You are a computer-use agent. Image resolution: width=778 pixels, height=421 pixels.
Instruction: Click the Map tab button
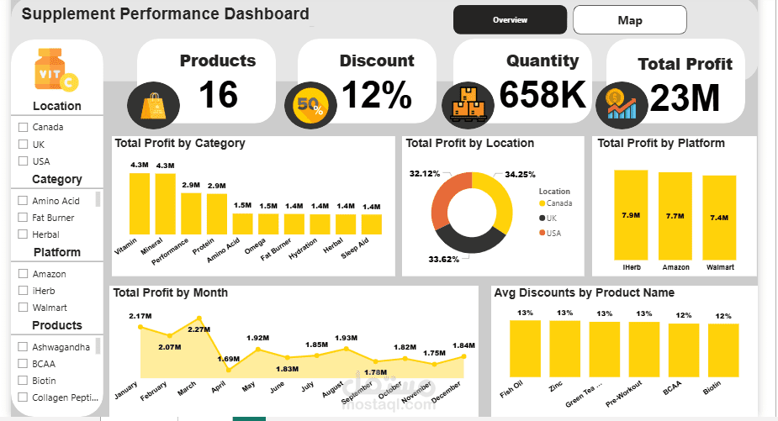tap(629, 20)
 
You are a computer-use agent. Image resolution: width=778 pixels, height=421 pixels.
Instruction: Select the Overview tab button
tap(510, 19)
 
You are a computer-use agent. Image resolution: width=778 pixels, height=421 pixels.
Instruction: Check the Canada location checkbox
tap(23, 128)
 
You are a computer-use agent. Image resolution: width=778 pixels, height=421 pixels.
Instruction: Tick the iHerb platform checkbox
tap(23, 291)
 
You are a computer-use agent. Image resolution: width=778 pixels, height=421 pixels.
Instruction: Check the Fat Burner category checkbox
tap(23, 218)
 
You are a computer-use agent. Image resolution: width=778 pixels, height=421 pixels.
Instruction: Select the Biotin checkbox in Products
tap(23, 381)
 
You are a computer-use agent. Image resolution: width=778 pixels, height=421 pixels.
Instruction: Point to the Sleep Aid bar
tap(371, 224)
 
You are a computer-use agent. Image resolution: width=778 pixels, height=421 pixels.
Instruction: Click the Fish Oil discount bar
tap(525, 349)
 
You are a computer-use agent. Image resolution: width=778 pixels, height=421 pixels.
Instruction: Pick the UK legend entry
tap(548, 218)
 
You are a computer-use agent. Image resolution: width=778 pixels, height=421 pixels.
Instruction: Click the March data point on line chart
tap(198, 318)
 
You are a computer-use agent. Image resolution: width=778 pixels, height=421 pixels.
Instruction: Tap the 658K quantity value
tap(542, 95)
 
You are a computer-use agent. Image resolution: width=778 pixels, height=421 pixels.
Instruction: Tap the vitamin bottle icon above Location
tap(56, 71)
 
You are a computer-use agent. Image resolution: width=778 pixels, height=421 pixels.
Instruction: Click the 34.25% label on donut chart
tap(521, 175)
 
